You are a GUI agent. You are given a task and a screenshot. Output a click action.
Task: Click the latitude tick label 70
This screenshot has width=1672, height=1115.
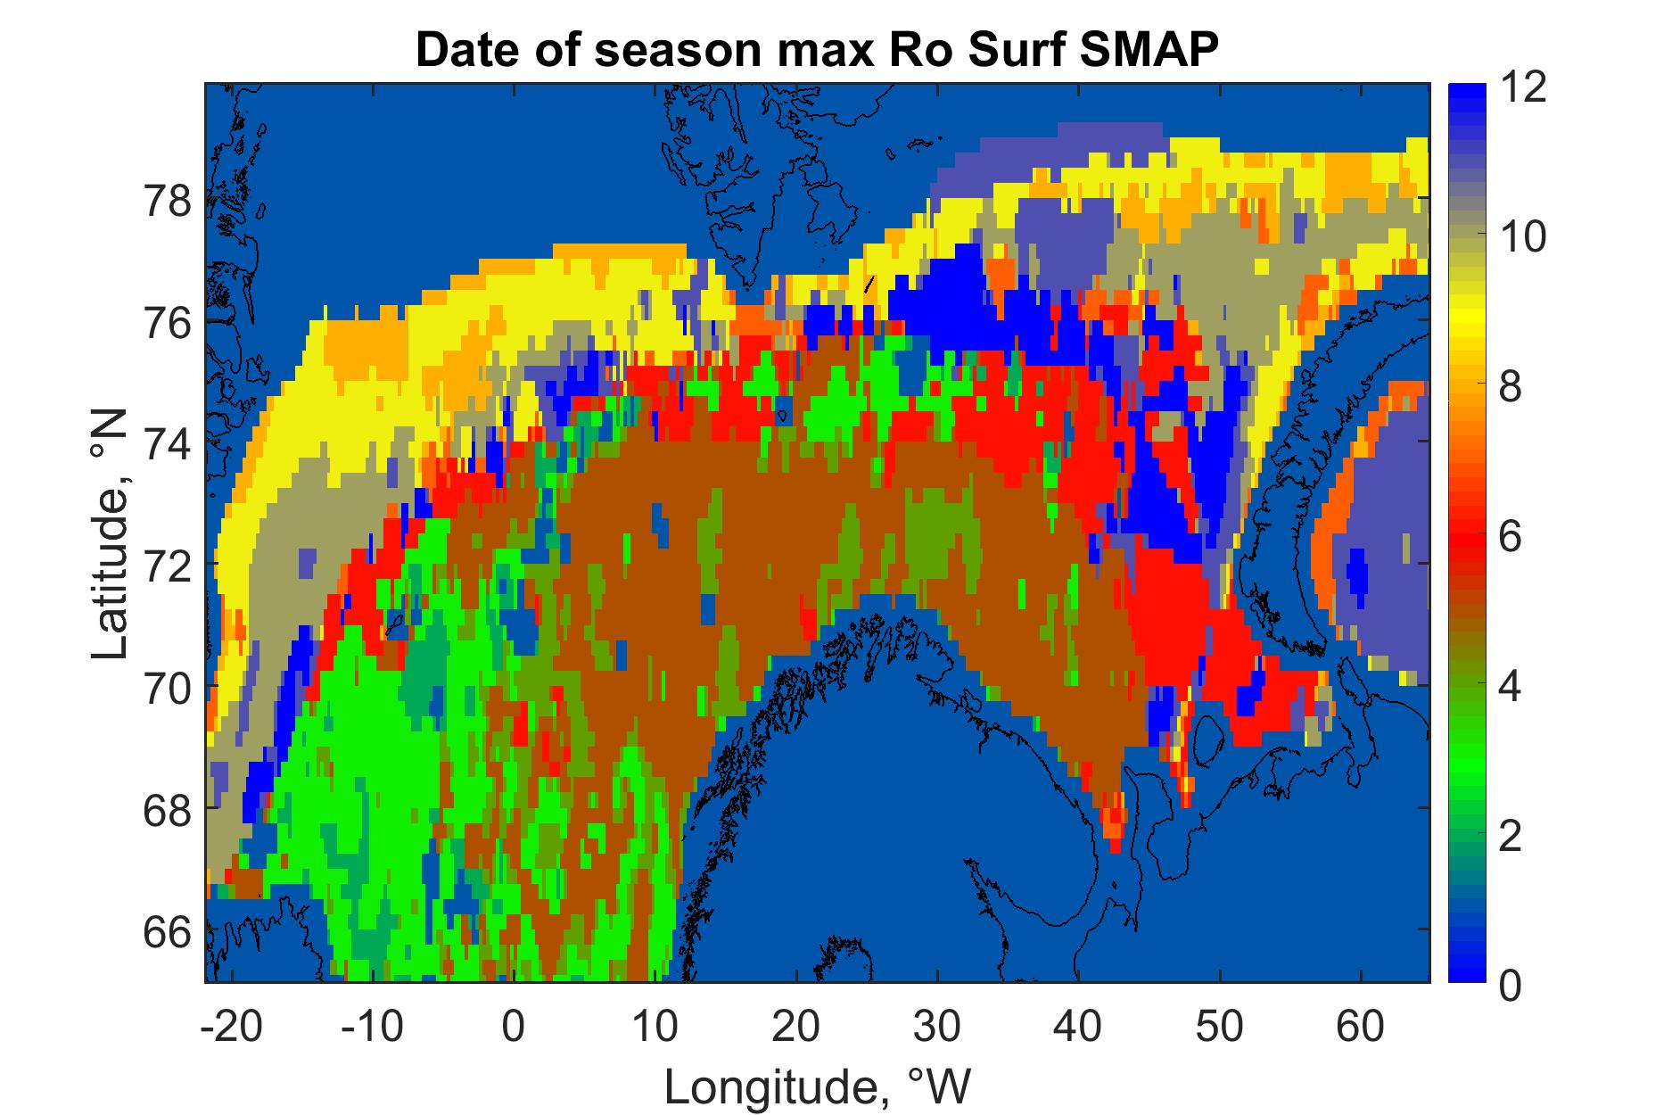pos(168,688)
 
